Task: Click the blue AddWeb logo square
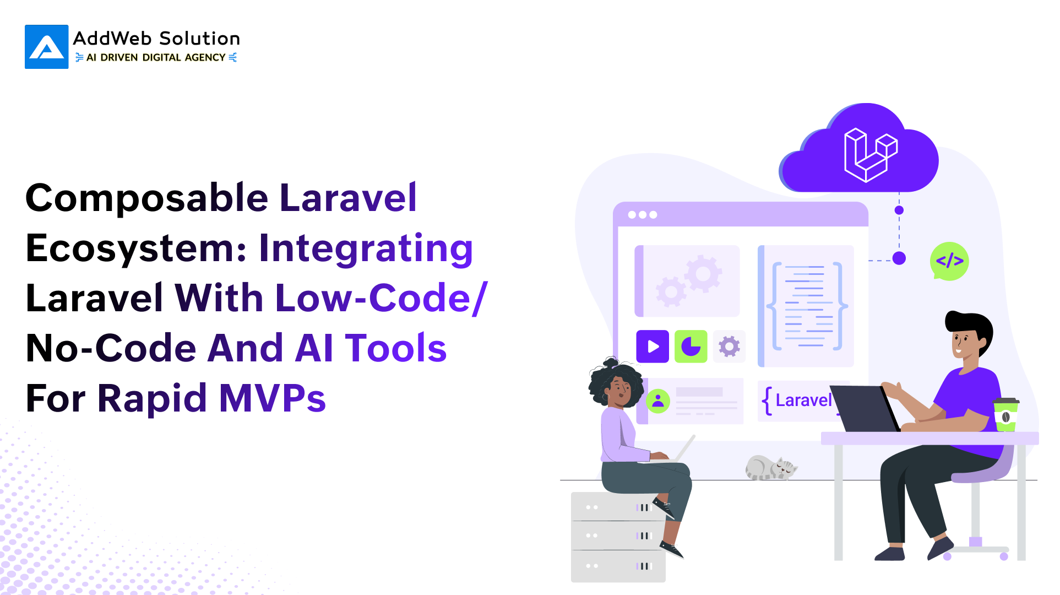tap(47, 47)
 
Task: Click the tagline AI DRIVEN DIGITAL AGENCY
tap(156, 57)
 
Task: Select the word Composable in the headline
tap(147, 199)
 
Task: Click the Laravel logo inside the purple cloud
tap(871, 155)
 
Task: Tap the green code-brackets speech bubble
tap(949, 261)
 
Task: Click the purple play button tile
tap(653, 347)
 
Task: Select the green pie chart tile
tap(691, 347)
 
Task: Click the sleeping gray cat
tap(771, 468)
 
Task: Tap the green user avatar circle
tap(658, 401)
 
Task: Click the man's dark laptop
tap(865, 408)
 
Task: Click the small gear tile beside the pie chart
tap(729, 347)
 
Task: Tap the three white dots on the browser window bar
tap(643, 215)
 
